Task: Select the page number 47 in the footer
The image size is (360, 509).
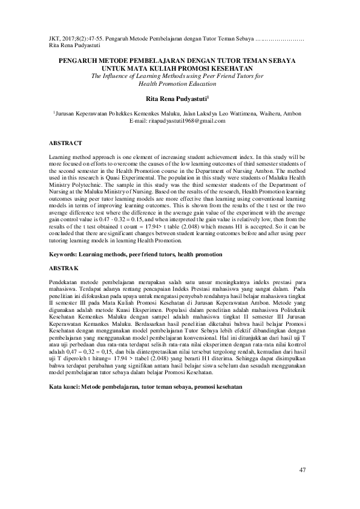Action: tap(303, 470)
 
